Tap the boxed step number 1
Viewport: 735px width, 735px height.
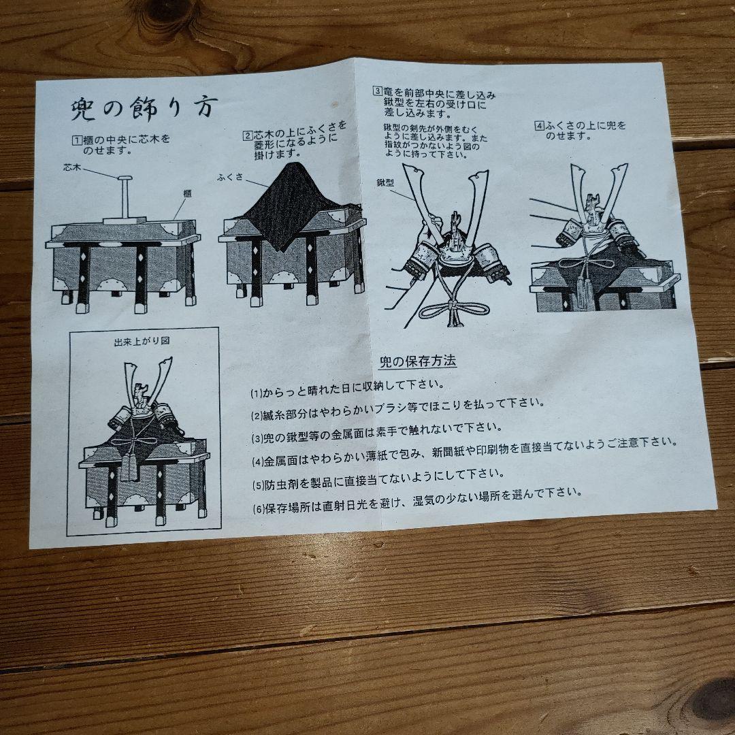coord(78,140)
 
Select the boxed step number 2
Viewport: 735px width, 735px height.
coord(248,135)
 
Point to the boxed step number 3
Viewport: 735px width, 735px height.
coord(376,91)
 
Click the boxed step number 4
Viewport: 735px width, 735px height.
coord(539,125)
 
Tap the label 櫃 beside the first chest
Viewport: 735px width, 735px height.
coord(186,193)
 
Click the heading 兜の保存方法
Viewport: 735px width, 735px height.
coord(417,361)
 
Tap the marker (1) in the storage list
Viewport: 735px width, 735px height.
coord(256,393)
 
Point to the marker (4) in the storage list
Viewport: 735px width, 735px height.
coord(257,461)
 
